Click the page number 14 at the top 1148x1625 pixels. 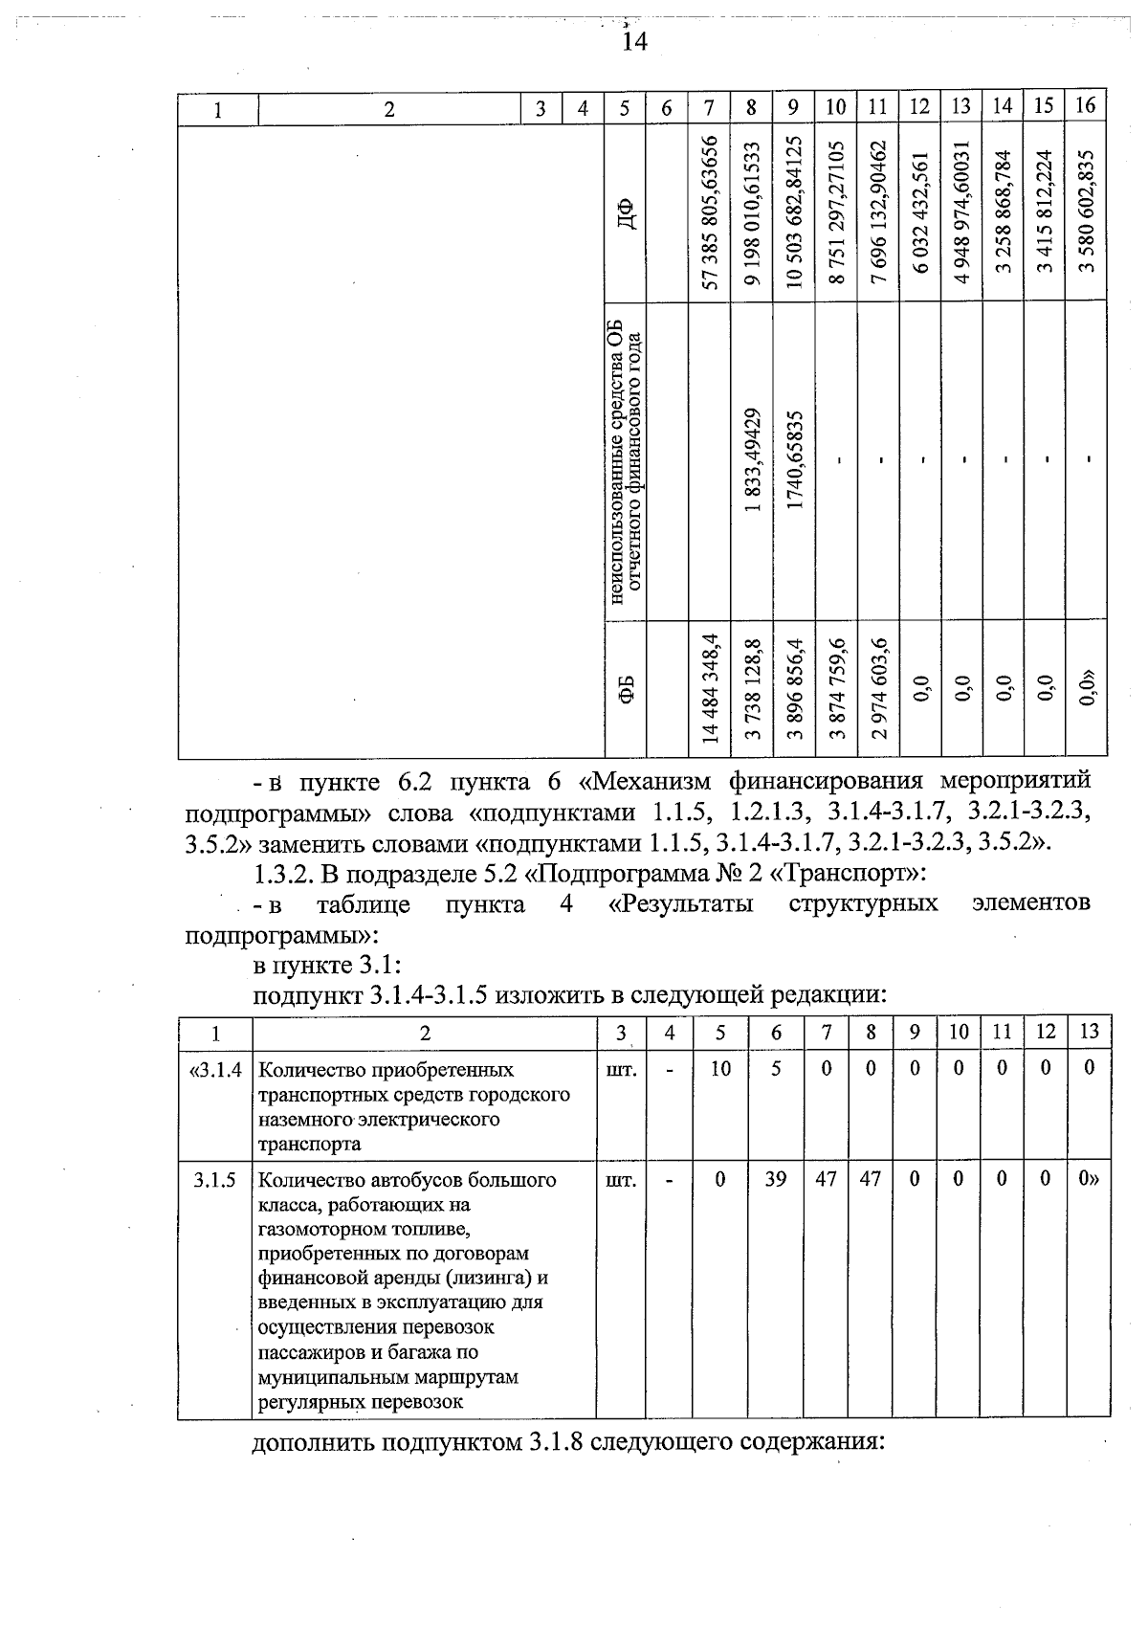click(x=633, y=41)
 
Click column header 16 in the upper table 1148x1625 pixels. click(x=1085, y=105)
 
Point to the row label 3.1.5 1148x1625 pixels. click(x=215, y=1180)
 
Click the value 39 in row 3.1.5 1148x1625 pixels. click(x=775, y=1180)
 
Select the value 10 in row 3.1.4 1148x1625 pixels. click(x=720, y=1068)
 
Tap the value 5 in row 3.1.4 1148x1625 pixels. click(x=776, y=1068)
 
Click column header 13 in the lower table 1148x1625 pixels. click(x=1089, y=1032)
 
